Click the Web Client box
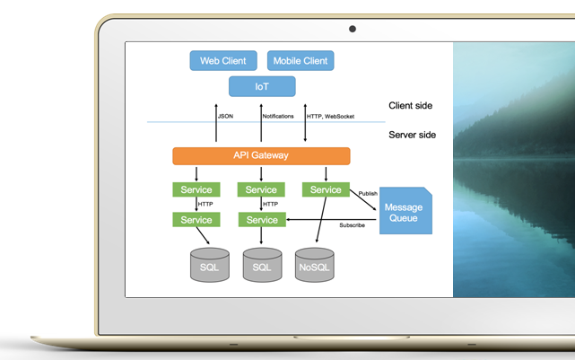pyautogui.click(x=223, y=61)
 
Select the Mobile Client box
pyautogui.click(x=300, y=61)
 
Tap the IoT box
pyautogui.click(x=261, y=86)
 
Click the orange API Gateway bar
pyautogui.click(x=261, y=155)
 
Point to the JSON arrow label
pyautogui.click(x=226, y=116)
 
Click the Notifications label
pyautogui.click(x=278, y=116)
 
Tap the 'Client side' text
pyautogui.click(x=410, y=106)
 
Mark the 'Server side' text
pyautogui.click(x=412, y=135)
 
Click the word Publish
pyautogui.click(x=368, y=193)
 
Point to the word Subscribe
pyautogui.click(x=352, y=225)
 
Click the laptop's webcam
pyautogui.click(x=353, y=29)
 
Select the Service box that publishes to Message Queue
pyautogui.click(x=326, y=189)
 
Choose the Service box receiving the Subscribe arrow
pyautogui.click(x=261, y=220)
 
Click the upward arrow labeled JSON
pyautogui.click(x=216, y=121)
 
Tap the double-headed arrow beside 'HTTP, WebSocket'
pyautogui.click(x=306, y=121)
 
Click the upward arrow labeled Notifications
pyautogui.click(x=261, y=121)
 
